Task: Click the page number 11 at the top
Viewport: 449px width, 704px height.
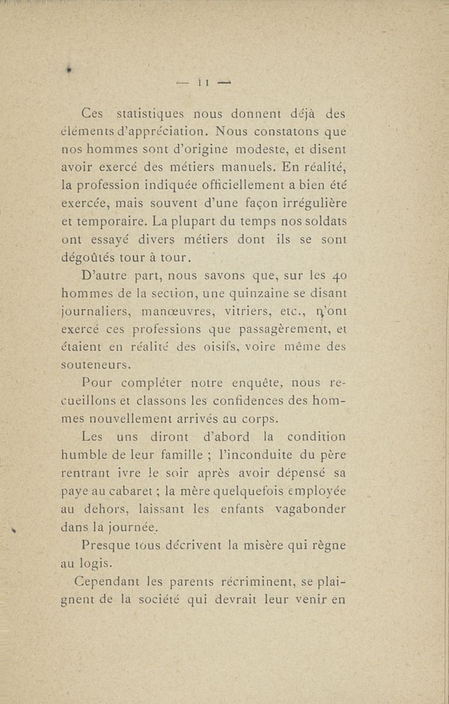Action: click(x=203, y=83)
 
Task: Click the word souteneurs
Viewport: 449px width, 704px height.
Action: click(x=95, y=365)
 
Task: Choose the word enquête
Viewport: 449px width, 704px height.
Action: click(x=246, y=383)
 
